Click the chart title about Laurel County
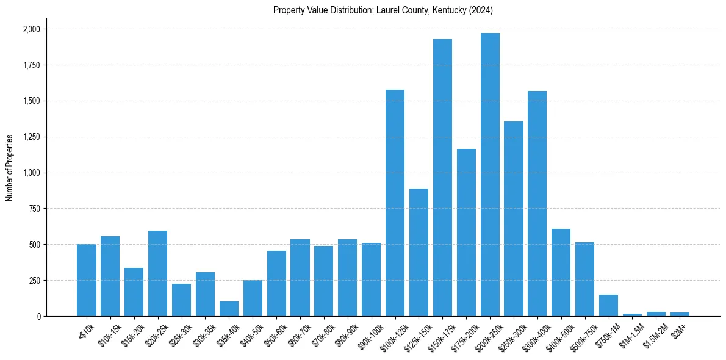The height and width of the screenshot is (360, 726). [x=383, y=10]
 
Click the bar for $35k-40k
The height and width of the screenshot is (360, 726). [x=229, y=309]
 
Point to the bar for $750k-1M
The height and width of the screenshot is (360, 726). [x=608, y=305]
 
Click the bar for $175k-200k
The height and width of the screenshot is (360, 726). [x=466, y=232]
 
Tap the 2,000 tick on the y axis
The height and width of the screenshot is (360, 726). [x=31, y=29]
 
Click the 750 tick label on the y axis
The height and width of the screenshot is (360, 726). [x=35, y=209]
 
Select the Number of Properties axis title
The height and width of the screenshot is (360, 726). [x=10, y=167]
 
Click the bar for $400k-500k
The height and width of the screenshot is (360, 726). [x=561, y=272]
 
